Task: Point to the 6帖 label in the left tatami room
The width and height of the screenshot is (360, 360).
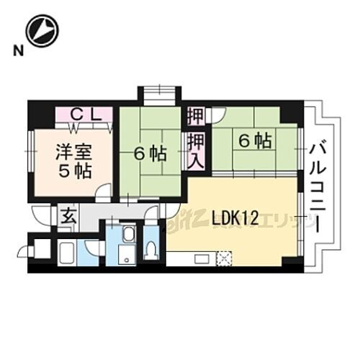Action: coord(149,153)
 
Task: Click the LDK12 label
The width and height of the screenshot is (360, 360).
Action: coord(235,217)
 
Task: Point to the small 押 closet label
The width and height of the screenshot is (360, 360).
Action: coord(195,115)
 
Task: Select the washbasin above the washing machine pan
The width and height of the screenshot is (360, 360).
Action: coord(127,235)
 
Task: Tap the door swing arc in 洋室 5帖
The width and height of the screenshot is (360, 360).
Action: coord(104,191)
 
